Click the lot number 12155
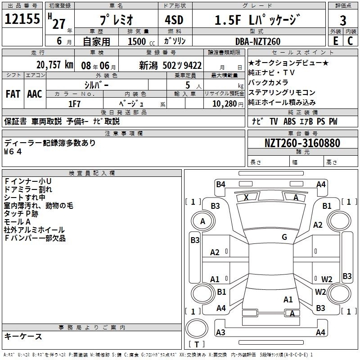coord(22,19)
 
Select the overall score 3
coord(343,21)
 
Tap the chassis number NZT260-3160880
coord(302,143)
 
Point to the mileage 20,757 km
coord(55,65)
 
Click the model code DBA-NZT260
coord(258,41)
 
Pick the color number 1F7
coord(74,104)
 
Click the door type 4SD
coord(174,20)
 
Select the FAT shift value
coord(13,94)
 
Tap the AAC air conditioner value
coord(35,94)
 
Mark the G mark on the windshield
coord(284,237)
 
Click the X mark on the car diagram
coord(246,198)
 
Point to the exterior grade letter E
coord(336,41)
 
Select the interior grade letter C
coord(350,41)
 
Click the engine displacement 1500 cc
coord(141,41)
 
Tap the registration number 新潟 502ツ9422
coord(171,66)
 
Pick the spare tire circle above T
coord(197,328)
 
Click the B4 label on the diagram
coord(220,184)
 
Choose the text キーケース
coord(23,336)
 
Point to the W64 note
coord(13,152)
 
